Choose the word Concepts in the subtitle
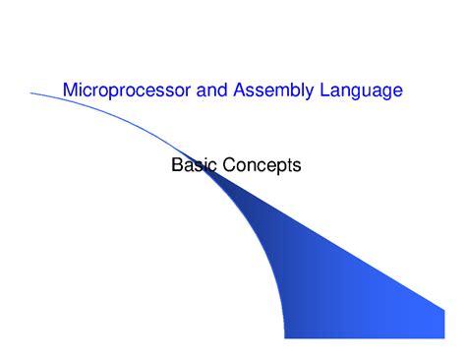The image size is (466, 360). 262,165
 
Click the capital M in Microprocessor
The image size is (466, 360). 70,90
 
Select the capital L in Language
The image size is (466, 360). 327,90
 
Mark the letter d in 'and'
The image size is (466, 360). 223,90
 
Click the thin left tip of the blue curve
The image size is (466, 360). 32,92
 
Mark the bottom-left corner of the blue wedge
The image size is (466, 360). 286,337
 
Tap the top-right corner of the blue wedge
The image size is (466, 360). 444,309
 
